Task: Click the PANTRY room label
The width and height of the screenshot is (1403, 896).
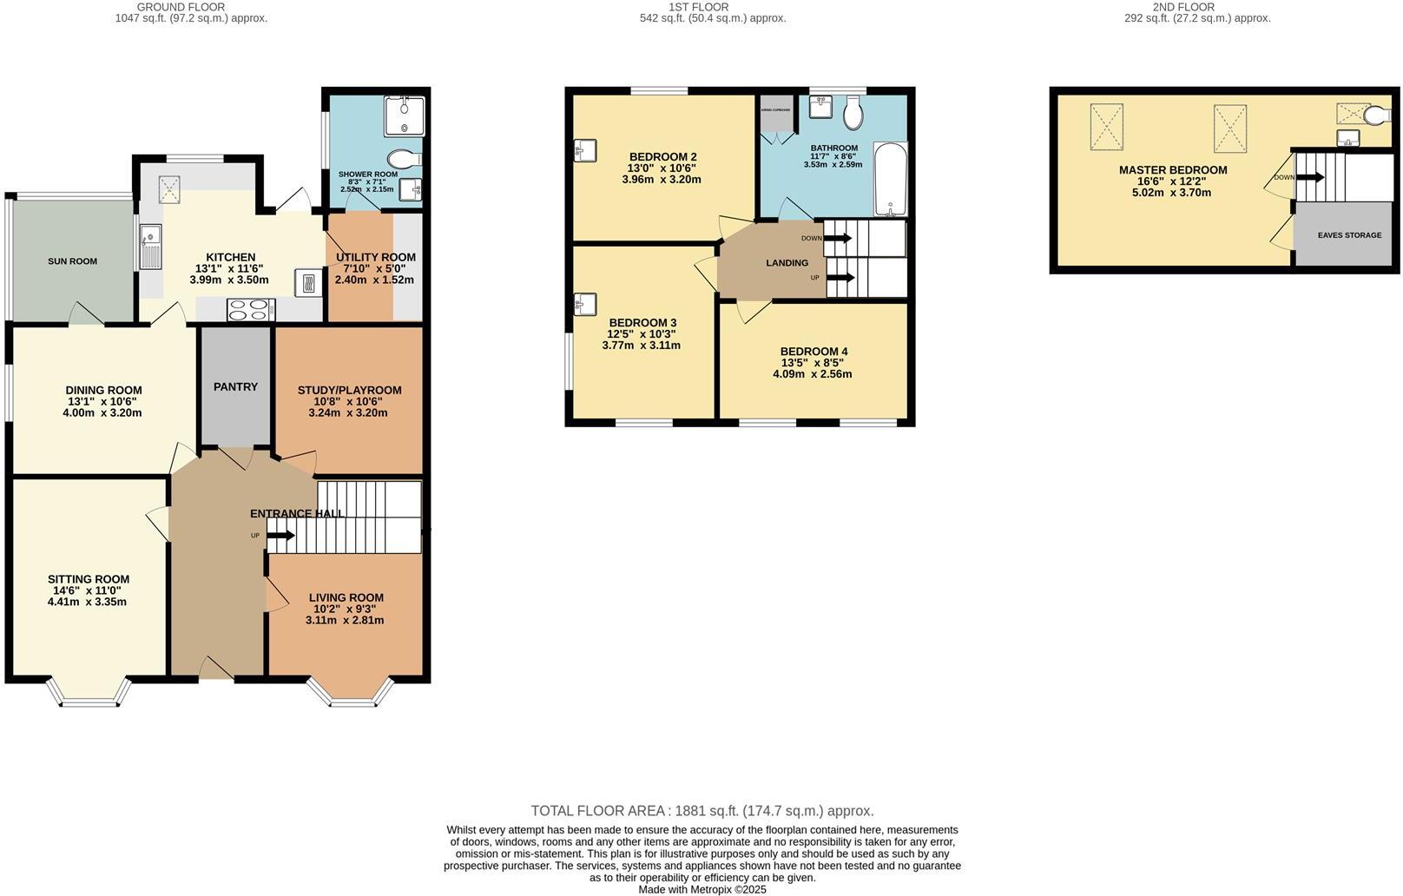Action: click(x=235, y=386)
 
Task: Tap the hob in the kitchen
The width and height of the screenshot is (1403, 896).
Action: click(x=251, y=310)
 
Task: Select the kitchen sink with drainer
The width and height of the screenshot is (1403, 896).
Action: click(x=150, y=247)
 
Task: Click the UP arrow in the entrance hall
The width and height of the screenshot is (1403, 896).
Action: click(x=280, y=536)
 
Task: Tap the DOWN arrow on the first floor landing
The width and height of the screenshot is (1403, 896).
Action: click(x=840, y=238)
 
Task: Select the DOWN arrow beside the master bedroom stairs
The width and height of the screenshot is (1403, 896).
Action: click(x=1311, y=177)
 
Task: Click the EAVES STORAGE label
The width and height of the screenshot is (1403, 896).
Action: click(x=1349, y=235)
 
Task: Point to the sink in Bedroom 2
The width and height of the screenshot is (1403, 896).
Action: click(x=583, y=151)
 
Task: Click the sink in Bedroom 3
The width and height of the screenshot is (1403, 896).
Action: click(x=583, y=304)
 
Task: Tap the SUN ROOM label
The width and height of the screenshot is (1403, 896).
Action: click(x=72, y=261)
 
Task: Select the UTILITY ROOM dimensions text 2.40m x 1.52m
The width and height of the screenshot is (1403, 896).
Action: click(x=374, y=280)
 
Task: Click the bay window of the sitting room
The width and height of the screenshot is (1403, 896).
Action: click(x=89, y=692)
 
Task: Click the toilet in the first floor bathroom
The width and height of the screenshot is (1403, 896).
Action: click(x=853, y=112)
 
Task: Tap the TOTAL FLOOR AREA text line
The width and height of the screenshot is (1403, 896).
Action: click(x=701, y=811)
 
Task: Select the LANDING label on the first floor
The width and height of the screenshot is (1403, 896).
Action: click(x=787, y=263)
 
